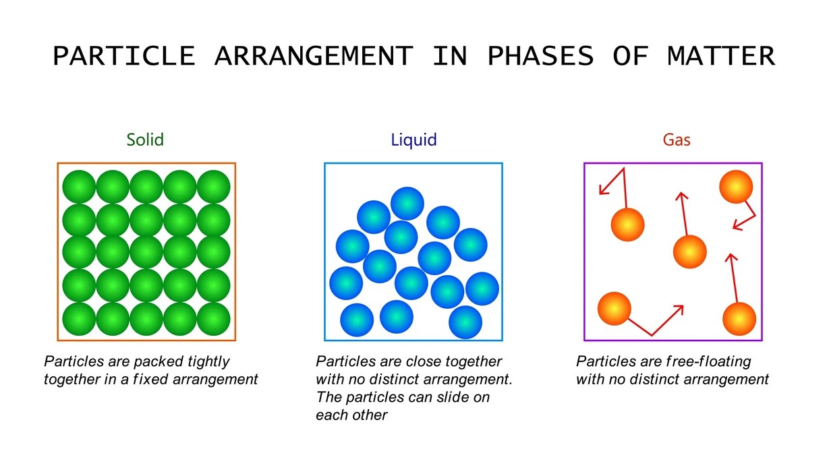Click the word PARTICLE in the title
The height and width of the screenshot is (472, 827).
pyautogui.click(x=124, y=57)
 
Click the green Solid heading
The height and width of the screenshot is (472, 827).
pyautogui.click(x=145, y=140)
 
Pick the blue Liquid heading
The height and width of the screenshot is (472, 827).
pyautogui.click(x=413, y=140)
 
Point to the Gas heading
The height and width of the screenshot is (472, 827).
pyautogui.click(x=676, y=141)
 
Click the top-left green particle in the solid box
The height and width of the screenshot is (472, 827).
pyautogui.click(x=80, y=187)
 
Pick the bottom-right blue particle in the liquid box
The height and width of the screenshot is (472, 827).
pyautogui.click(x=465, y=322)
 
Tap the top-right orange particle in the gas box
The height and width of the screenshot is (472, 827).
pyautogui.click(x=735, y=187)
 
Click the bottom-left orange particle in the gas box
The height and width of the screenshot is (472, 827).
pyautogui.click(x=614, y=308)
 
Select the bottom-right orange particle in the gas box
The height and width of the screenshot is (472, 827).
pyautogui.click(x=739, y=319)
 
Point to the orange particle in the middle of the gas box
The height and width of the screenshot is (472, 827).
pyautogui.click(x=689, y=252)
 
